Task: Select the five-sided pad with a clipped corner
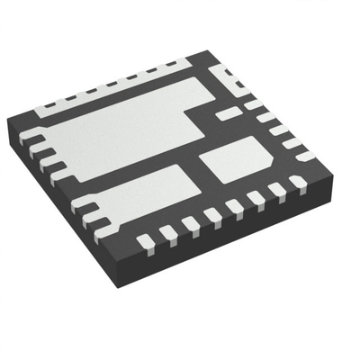point(236,163)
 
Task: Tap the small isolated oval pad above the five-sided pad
point(229,112)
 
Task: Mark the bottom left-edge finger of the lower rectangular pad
point(90,216)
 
